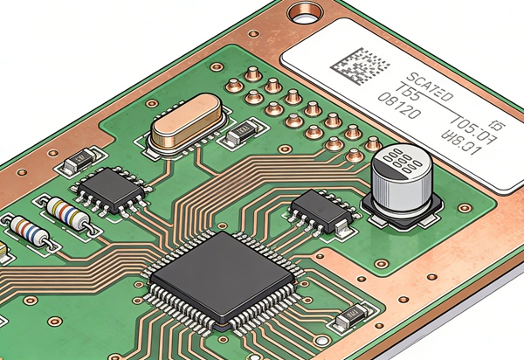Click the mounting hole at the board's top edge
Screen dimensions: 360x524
point(307,12)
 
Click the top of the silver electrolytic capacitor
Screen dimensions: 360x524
point(398,163)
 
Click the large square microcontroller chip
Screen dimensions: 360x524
point(222,278)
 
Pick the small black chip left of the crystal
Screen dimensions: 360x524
point(109,190)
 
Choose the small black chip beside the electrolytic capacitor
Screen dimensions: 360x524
point(321,210)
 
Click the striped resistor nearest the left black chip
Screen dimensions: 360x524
point(67,213)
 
